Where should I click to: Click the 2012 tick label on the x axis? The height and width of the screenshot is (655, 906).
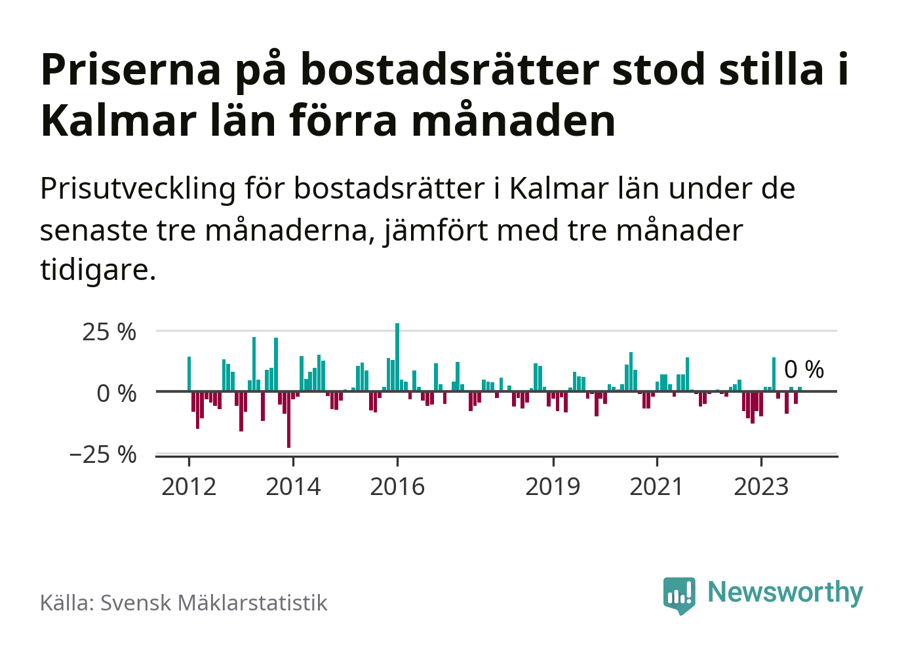(x=189, y=486)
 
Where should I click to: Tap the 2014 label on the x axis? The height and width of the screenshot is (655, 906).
(x=293, y=486)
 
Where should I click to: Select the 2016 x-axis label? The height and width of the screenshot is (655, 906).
(x=397, y=486)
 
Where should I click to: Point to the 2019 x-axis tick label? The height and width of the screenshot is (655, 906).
(x=553, y=486)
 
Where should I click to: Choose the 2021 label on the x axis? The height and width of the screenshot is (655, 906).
(x=656, y=486)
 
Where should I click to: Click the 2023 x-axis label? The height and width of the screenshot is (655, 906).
(x=760, y=486)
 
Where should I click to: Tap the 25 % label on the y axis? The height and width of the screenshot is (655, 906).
(x=109, y=332)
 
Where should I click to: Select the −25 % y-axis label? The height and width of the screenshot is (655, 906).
(x=103, y=454)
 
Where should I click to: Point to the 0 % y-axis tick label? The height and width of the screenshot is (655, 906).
(x=116, y=393)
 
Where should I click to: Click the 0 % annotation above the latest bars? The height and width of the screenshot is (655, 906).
(x=804, y=370)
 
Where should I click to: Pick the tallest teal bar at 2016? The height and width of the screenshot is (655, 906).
(x=397, y=357)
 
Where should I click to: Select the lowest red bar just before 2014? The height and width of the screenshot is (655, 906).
(x=288, y=420)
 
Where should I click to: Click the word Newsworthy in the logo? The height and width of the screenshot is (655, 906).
(x=785, y=592)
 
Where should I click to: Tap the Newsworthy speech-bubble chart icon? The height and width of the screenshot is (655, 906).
(x=679, y=595)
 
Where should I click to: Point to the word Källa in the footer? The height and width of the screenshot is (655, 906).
(x=67, y=603)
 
